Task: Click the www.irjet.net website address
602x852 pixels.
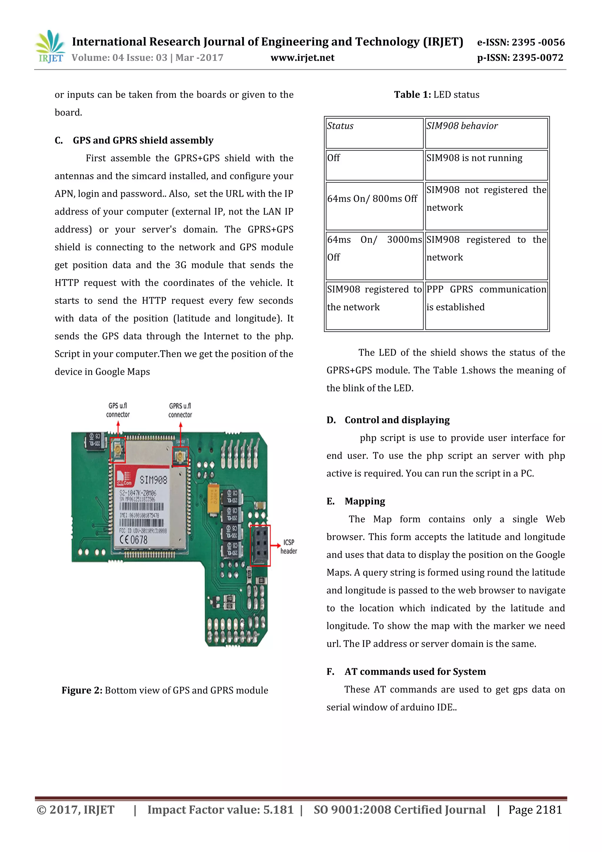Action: pos(302,58)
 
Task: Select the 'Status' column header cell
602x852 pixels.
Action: pos(374,133)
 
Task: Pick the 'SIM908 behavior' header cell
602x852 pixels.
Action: pos(486,133)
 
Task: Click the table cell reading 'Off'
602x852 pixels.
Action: pos(374,165)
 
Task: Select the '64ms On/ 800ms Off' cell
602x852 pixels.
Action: pos(374,206)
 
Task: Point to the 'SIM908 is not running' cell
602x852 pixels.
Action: pos(486,165)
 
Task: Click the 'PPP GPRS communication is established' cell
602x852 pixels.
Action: pos(486,305)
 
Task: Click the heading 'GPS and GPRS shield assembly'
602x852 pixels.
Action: pos(143,140)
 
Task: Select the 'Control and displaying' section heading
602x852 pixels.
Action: pos(397,420)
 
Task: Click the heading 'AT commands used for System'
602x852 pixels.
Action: pos(415,671)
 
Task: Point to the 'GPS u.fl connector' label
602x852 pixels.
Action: pos(118,410)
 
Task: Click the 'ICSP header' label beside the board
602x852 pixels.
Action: pos(289,547)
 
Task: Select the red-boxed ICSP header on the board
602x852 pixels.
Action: pos(260,545)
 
